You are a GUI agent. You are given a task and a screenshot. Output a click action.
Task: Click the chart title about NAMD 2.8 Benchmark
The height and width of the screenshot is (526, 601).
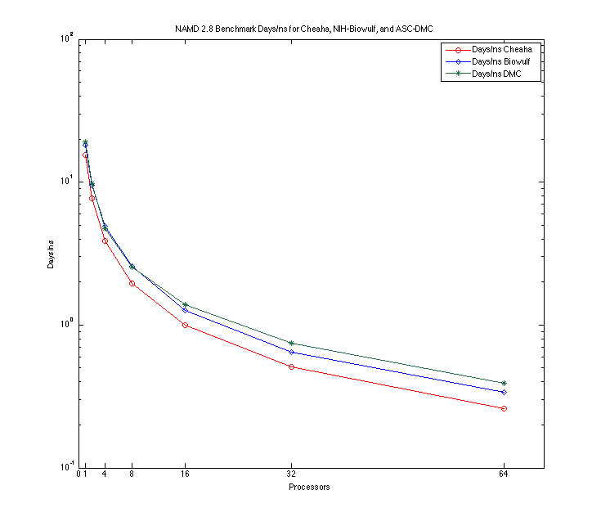coord(303,29)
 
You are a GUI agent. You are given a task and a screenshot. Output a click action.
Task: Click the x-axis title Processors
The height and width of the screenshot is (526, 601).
coord(309,488)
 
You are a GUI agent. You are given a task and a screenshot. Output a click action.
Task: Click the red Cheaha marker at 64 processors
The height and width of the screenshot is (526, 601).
coord(504,408)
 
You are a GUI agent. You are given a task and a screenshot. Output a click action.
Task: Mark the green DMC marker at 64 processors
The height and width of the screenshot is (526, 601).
coord(504,383)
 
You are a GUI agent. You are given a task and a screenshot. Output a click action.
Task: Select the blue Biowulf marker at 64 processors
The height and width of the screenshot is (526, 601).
coord(504,392)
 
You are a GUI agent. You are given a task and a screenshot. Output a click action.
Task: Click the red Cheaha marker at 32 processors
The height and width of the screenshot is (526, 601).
coord(292,366)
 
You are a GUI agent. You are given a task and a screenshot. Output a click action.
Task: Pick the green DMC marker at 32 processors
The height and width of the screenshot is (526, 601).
coord(292,343)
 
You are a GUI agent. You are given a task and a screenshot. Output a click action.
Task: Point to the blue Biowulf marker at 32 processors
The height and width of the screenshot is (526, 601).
coord(292,352)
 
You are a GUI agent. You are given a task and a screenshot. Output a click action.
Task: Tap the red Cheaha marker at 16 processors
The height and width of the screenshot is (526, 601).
coord(186,325)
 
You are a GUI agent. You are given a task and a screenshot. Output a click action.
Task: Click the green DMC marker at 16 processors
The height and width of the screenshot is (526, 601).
coord(186,304)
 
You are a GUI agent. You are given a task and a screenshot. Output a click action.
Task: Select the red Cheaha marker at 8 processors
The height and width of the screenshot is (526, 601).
coord(132,283)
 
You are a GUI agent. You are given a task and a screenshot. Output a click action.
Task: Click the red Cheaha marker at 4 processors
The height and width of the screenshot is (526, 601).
coord(105,241)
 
